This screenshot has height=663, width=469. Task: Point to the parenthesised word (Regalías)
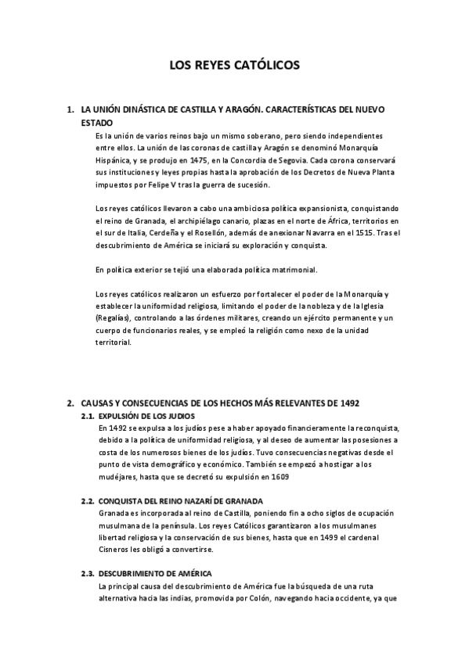(114, 319)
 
